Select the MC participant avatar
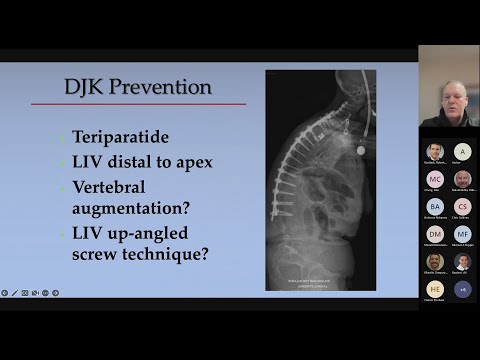coord(435,179)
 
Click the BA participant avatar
coord(435,206)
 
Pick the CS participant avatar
coord(462,206)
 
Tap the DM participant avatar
coord(435,234)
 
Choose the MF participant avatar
coord(462,234)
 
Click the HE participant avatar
coord(435,289)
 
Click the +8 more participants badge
coord(462,289)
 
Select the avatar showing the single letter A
coord(462,151)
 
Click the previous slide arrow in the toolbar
coord(5,293)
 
